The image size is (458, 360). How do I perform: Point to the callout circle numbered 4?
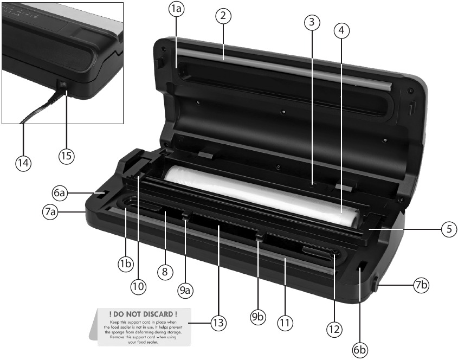[340, 30]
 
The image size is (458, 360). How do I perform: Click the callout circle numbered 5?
[448, 229]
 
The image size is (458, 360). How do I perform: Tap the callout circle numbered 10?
[139, 286]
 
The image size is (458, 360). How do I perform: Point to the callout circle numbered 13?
[218, 323]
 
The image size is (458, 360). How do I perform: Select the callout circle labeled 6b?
[359, 350]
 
